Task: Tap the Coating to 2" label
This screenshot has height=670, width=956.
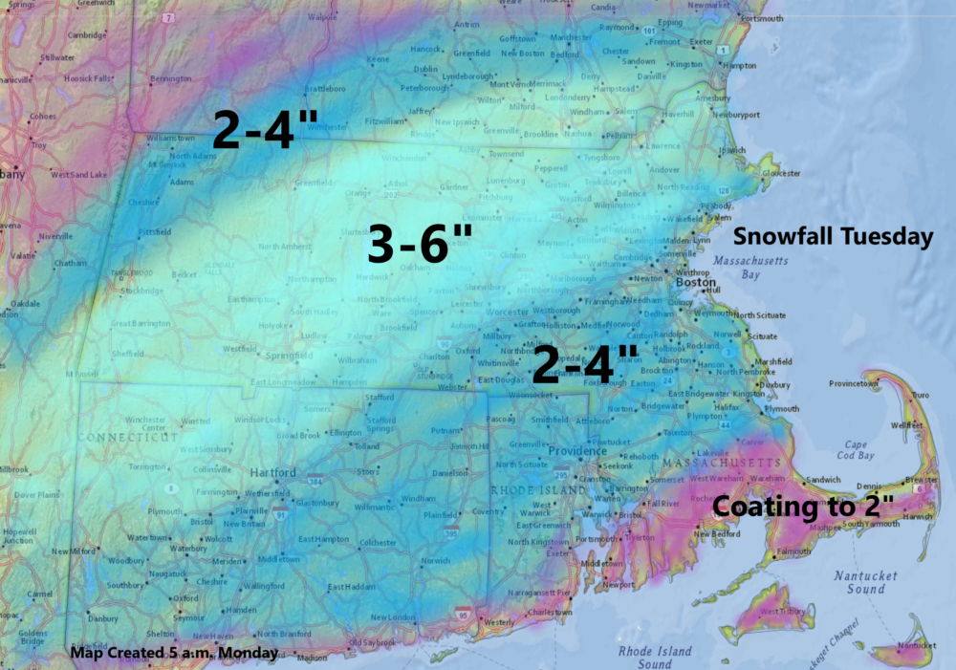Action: pos(803,506)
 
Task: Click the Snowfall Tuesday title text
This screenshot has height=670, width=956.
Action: pos(833,237)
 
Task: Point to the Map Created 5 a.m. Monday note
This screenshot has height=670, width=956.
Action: pos(174,654)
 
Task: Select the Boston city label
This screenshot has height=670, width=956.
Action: pos(696,284)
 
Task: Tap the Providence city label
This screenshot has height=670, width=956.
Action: pos(577,450)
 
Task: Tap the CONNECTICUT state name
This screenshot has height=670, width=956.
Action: pos(129,437)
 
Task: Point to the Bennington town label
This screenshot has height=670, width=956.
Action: pos(172,78)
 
